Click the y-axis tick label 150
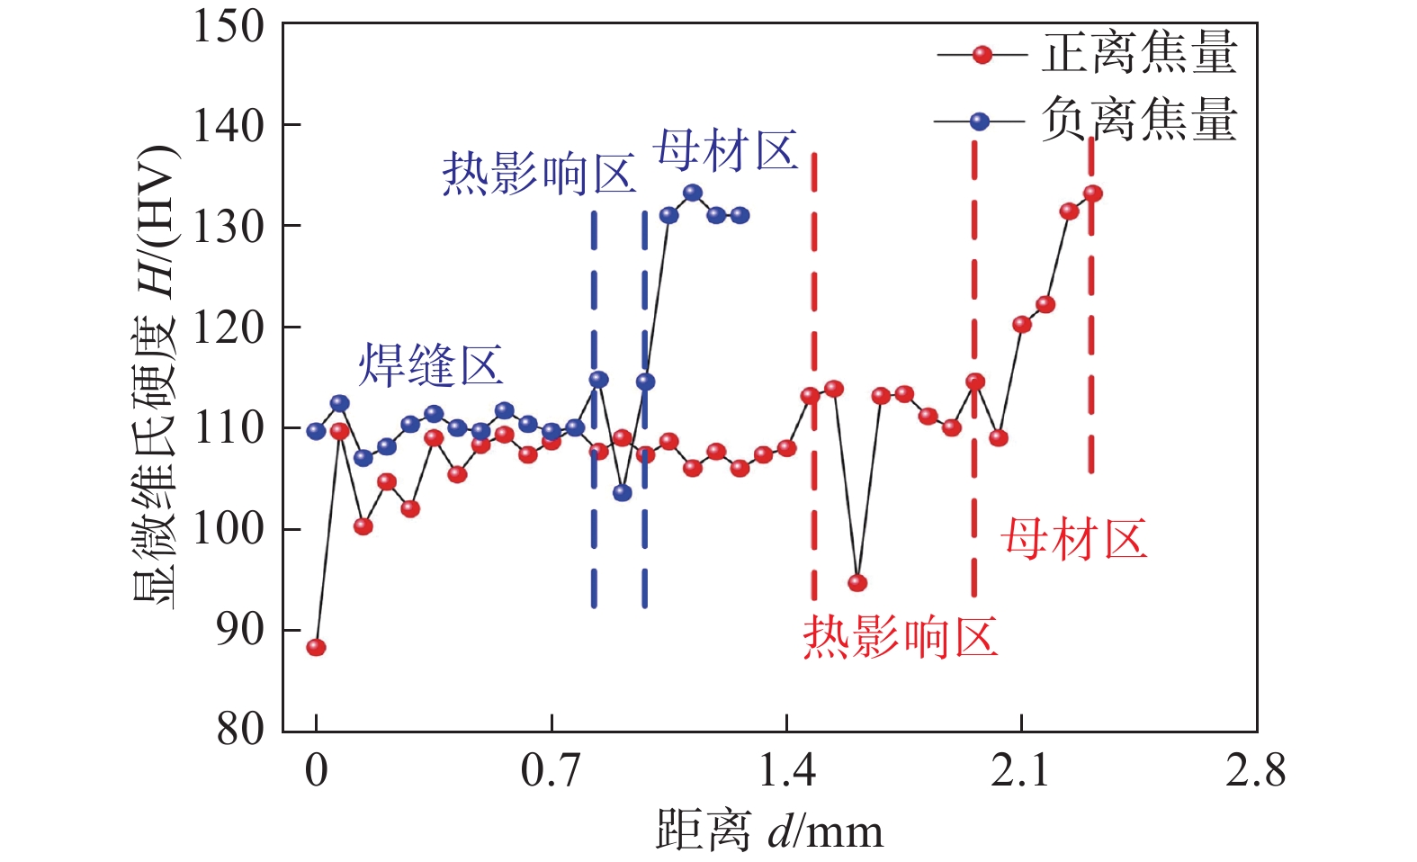[x=229, y=27]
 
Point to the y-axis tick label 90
[x=240, y=630]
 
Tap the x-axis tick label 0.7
[x=551, y=772]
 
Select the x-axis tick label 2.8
[x=1255, y=772]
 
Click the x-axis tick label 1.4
[x=786, y=772]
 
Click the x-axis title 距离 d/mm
[x=769, y=830]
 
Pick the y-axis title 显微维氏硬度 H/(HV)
[x=156, y=376]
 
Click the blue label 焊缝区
[x=430, y=365]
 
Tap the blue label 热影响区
[x=539, y=174]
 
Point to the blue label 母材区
[x=726, y=150]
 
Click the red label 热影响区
[x=901, y=638]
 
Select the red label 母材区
[x=1073, y=540]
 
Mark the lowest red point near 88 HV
[x=316, y=647]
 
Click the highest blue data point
[x=693, y=193]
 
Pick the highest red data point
[x=1092, y=193]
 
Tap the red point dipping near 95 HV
[x=857, y=583]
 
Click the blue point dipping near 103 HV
[x=622, y=492]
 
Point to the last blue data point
[x=740, y=215]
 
